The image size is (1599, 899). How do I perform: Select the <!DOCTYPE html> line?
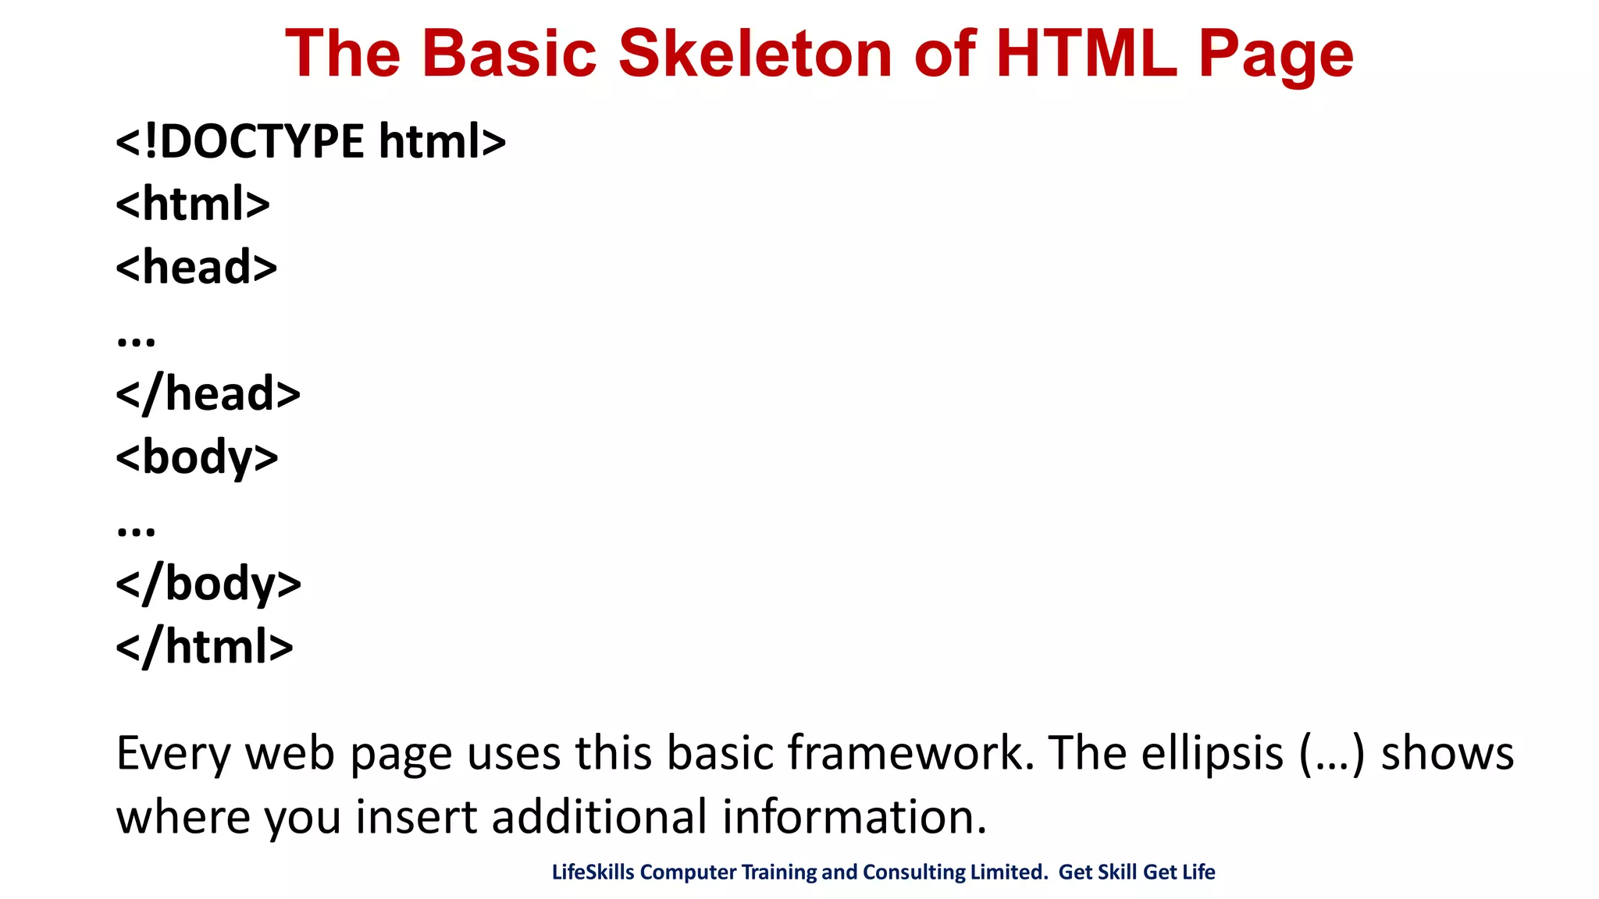(311, 141)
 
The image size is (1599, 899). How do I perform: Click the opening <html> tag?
(193, 204)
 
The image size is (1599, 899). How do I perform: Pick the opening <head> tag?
(197, 268)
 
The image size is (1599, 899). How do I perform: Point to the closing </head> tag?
(208, 393)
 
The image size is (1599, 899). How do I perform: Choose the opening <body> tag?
(197, 457)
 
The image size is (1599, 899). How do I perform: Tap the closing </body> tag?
(208, 584)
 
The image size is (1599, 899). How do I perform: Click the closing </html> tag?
(205, 647)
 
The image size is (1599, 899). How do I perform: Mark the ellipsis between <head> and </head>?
(136, 340)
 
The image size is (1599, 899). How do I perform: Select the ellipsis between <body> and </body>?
(136, 531)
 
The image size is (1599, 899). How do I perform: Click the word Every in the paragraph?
(173, 754)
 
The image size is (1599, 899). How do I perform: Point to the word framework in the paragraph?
(910, 754)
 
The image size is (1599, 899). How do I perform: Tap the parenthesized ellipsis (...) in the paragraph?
(1332, 754)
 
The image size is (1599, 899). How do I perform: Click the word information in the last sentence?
(854, 817)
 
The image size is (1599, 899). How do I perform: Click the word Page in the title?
(1276, 55)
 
